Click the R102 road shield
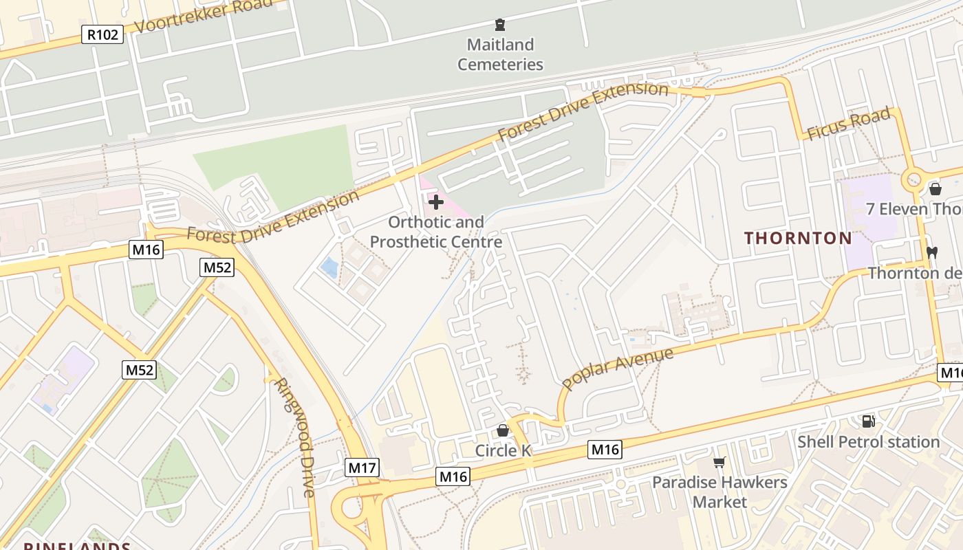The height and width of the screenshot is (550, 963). click(x=102, y=34)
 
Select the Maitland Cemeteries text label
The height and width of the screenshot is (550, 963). click(x=500, y=55)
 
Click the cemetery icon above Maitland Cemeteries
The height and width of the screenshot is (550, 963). click(x=500, y=25)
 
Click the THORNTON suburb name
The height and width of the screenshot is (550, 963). click(x=798, y=239)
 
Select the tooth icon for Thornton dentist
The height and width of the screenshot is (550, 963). click(x=932, y=252)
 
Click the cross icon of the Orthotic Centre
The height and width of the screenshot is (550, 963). click(x=436, y=202)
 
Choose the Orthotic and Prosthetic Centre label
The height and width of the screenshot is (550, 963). click(x=436, y=232)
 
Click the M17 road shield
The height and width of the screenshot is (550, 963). click(x=362, y=468)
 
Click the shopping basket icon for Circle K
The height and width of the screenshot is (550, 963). click(x=503, y=430)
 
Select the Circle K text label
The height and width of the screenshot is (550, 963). click(x=504, y=451)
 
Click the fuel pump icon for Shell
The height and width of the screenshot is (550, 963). click(x=868, y=421)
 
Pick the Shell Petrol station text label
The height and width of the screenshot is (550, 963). click(x=868, y=442)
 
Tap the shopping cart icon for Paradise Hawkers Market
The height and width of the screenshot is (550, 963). click(x=719, y=462)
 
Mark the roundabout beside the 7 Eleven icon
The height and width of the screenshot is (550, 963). click(x=914, y=181)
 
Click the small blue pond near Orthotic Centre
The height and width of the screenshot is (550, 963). click(x=330, y=267)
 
